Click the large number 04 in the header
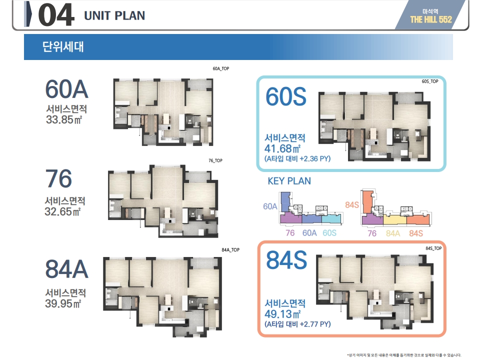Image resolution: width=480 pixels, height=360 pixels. click(56, 14)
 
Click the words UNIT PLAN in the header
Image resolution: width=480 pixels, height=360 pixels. click(114, 15)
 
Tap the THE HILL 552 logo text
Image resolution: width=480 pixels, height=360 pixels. click(431, 19)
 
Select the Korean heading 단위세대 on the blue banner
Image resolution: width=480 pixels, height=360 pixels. click(63, 47)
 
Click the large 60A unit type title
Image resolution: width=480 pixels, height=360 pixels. click(66, 89)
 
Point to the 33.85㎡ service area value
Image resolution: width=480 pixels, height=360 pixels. click(64, 119)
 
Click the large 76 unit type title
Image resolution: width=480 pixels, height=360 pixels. click(58, 178)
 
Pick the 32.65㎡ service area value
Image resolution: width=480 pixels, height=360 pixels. click(63, 211)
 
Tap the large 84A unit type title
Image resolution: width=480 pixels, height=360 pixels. click(66, 269)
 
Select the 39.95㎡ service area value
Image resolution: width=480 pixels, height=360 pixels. click(63, 303)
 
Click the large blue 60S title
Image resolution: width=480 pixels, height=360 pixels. click(286, 96)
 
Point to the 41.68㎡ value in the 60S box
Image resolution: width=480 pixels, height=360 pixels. click(282, 148)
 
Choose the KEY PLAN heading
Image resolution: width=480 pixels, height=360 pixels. click(289, 181)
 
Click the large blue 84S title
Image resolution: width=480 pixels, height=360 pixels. click(286, 260)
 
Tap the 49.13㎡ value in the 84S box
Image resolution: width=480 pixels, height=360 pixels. click(282, 314)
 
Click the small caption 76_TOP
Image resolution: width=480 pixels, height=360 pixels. click(215, 160)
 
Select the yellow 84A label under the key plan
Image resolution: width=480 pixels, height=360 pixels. click(393, 233)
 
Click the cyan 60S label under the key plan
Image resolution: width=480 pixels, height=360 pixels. click(329, 233)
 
